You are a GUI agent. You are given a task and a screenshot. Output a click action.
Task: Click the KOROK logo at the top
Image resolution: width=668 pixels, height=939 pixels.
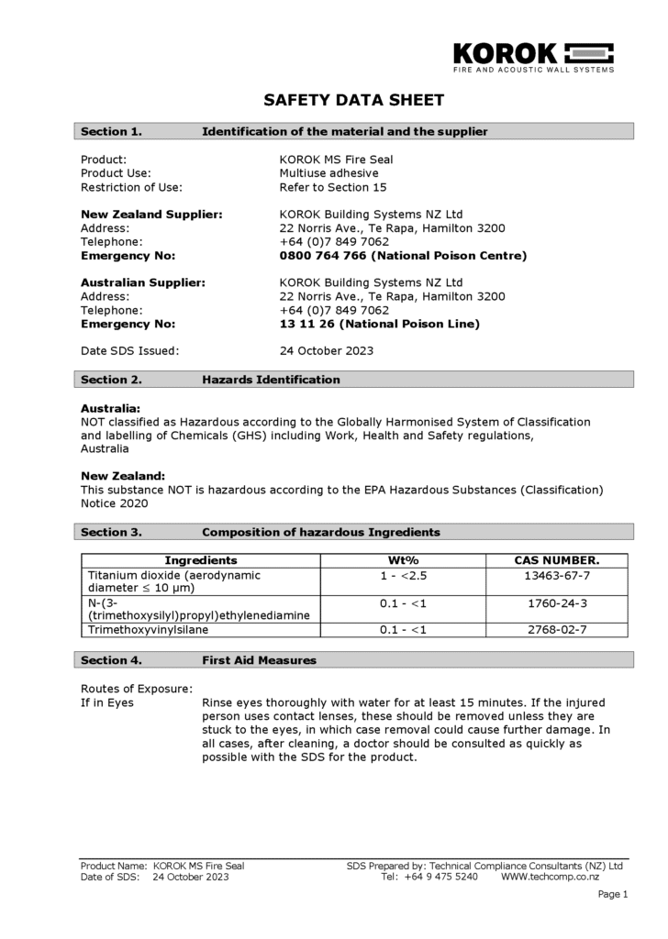tap(533, 54)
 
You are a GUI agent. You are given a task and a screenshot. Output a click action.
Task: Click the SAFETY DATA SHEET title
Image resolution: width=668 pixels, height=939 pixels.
tap(353, 100)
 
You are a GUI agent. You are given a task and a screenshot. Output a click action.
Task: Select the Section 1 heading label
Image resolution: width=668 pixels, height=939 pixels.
tap(111, 131)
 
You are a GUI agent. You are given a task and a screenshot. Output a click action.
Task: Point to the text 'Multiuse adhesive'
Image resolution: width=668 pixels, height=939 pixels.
tap(328, 172)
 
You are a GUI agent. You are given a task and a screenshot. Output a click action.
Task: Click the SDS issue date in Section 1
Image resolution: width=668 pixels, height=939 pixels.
tap(326, 350)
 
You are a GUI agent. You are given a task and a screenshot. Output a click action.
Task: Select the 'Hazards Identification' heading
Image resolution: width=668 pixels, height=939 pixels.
tap(271, 379)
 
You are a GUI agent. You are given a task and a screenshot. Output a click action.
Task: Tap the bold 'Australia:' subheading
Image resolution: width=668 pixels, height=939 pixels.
tap(110, 407)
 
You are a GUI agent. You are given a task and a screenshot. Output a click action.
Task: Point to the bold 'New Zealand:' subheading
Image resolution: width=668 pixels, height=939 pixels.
tap(123, 476)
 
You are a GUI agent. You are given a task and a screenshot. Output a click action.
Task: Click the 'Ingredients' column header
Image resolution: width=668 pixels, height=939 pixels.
tap(200, 560)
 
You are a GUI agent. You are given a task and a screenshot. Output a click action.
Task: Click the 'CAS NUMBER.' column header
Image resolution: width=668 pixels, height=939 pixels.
tap(556, 560)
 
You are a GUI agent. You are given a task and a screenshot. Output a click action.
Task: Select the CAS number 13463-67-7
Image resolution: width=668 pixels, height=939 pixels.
tap(556, 575)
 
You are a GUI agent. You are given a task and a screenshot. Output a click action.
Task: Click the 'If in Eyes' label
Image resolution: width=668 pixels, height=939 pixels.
tap(107, 702)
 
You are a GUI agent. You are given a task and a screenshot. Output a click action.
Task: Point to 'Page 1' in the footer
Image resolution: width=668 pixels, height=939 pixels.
tap(613, 894)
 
